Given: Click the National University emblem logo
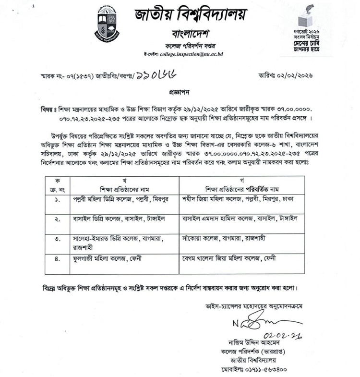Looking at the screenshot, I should (x=106, y=23).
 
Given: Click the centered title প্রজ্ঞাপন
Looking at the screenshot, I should (x=180, y=90).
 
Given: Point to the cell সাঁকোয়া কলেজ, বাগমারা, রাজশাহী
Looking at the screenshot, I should (x=225, y=238).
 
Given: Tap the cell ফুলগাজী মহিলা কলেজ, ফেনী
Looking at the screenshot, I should (x=107, y=258).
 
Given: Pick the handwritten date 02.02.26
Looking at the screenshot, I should (x=277, y=335).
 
